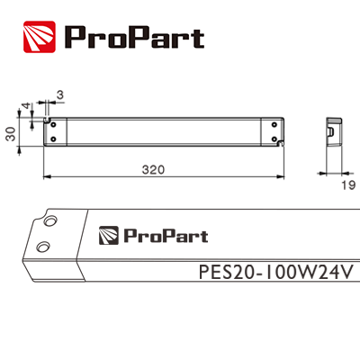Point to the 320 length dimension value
point(163,168)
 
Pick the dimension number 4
point(26,106)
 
